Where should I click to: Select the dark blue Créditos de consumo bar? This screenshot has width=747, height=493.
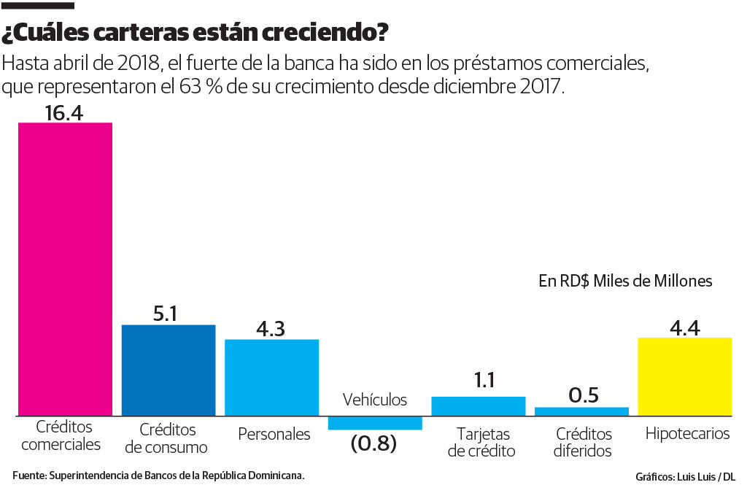coord(168,370)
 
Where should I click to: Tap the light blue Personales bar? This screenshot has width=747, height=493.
coord(271,377)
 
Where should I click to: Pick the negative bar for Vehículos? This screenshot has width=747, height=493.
coord(375,423)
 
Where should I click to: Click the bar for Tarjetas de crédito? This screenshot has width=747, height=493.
coord(479,406)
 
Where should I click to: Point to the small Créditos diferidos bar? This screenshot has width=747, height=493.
coord(581,411)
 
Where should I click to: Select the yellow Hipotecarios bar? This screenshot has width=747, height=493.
coord(684,376)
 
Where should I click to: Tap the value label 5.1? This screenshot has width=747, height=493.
coord(168,313)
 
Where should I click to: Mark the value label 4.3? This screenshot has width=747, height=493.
coord(271,327)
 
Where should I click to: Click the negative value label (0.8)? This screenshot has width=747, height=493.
coord(373,443)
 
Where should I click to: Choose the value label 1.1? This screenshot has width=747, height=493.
coord(479,381)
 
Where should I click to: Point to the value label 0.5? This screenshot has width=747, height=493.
coord(583,395)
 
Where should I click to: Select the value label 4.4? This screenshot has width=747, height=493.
coord(684,326)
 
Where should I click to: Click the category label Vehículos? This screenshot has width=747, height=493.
coord(375,400)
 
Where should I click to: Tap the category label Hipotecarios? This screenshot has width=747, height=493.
coord(687,434)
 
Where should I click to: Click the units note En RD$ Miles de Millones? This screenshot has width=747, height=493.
coord(625,281)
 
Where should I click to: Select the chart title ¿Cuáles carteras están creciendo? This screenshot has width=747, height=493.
coord(196,34)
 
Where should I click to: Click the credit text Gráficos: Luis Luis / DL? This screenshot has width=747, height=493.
coord(685,477)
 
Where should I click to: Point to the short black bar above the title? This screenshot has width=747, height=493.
coord(37,7)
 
